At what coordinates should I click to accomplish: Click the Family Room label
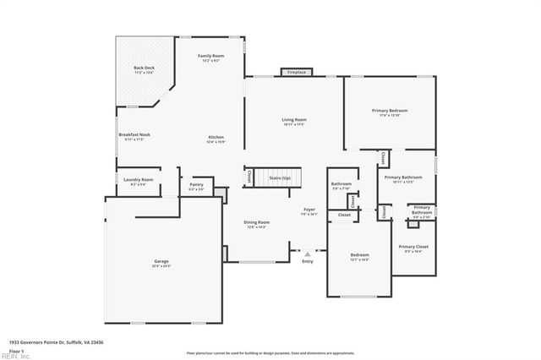210,57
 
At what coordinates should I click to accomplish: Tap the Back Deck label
145,67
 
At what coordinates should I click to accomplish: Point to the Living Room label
294,120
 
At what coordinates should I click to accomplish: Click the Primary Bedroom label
390,110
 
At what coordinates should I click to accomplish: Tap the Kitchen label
216,138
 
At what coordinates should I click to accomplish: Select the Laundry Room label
138,180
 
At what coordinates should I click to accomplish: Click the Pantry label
196,184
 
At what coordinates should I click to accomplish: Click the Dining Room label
257,222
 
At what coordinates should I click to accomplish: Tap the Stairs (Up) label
280,178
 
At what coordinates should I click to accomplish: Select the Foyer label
309,210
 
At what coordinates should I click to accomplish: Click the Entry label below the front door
307,261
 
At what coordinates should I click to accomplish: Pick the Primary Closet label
413,247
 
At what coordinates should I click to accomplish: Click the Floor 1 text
16,350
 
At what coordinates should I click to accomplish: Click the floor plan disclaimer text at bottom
270,352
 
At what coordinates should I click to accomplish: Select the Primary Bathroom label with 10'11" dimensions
402,177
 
